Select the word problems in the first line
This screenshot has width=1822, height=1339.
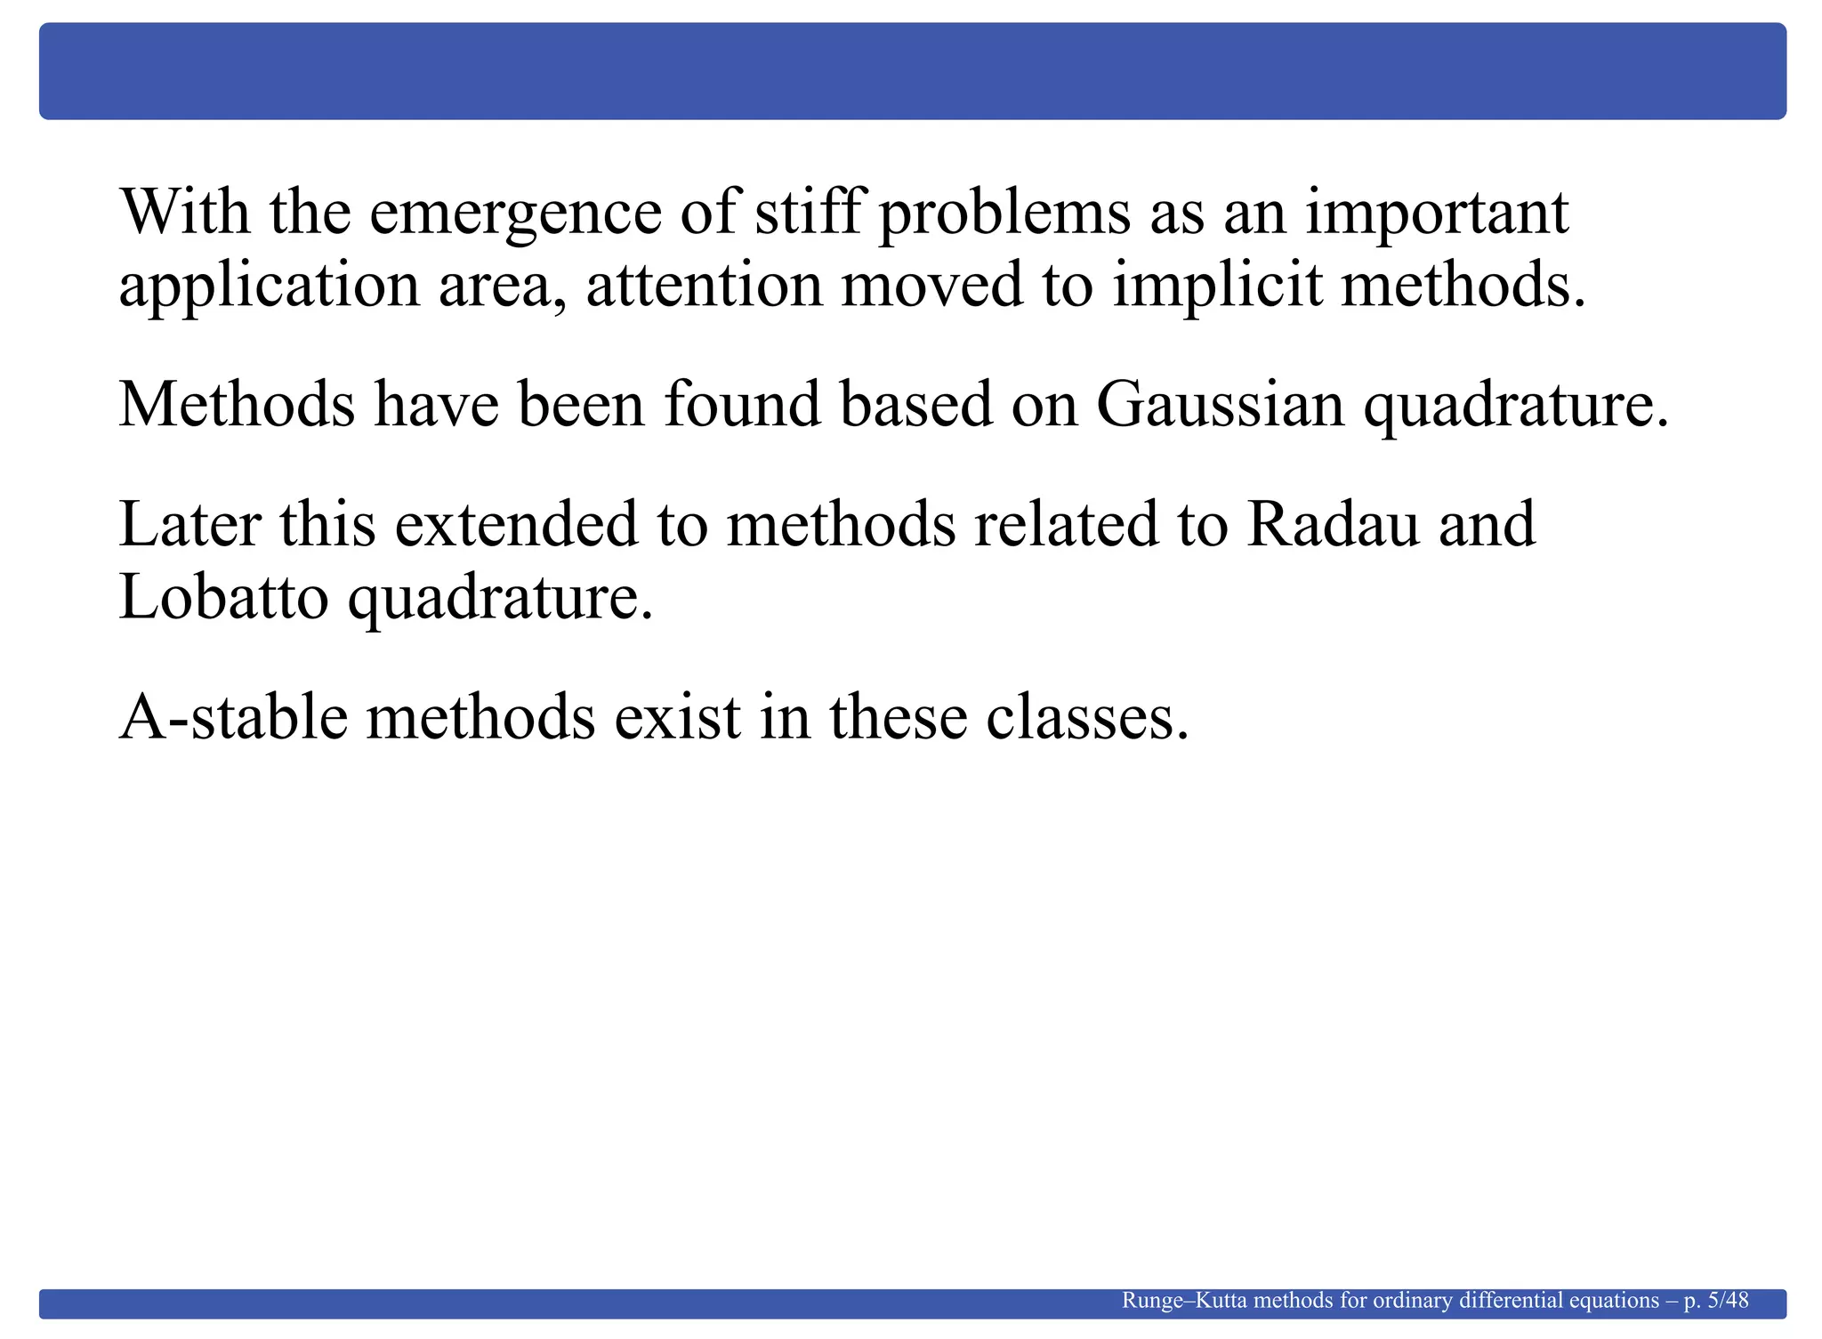point(1004,214)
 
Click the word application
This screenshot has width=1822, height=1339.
point(269,286)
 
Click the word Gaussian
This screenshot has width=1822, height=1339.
point(1220,405)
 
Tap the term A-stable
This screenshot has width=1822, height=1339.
point(233,716)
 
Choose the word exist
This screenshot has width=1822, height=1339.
point(677,716)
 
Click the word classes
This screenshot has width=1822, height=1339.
point(1086,717)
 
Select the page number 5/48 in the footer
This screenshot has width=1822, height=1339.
point(1729,1301)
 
